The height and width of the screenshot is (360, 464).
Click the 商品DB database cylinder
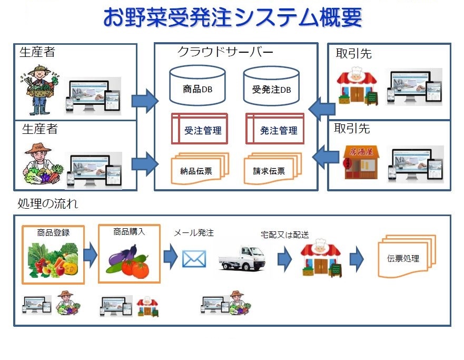tap(198, 85)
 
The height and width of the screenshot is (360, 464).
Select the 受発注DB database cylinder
tap(271, 86)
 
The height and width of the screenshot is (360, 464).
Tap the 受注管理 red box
tap(200, 129)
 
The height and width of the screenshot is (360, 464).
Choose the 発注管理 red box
tap(275, 129)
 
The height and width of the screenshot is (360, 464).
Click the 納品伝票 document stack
tap(200, 169)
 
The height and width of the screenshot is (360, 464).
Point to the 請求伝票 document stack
tap(272, 169)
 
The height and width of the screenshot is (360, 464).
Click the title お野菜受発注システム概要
tap(233, 17)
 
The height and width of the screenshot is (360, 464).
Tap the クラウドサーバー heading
tap(225, 52)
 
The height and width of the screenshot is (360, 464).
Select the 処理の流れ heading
tap(47, 203)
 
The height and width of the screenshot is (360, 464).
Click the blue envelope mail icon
tap(194, 259)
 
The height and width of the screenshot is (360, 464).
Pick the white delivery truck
tap(242, 258)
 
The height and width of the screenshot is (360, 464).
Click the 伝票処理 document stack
tap(407, 256)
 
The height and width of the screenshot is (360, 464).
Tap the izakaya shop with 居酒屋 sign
tap(361, 162)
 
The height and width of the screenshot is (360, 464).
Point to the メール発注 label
tap(194, 233)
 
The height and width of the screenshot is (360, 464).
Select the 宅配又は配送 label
tap(285, 235)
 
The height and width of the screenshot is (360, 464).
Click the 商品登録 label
tap(53, 232)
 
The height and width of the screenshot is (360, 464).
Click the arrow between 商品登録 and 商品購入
tap(90, 255)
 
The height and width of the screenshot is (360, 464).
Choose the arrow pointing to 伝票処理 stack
tap(357, 259)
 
